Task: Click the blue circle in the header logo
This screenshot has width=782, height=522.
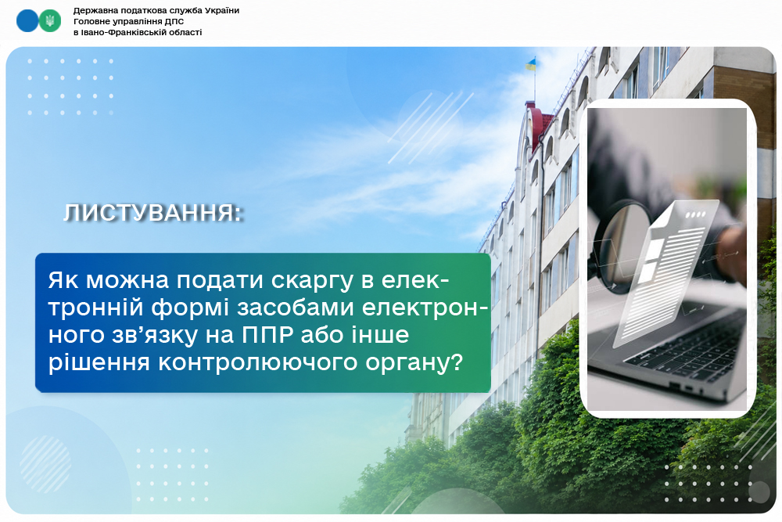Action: [27, 21]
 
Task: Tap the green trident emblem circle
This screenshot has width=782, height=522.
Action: [50, 21]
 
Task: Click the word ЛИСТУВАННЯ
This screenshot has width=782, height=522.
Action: [152, 213]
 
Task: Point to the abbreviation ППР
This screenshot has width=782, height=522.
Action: [267, 335]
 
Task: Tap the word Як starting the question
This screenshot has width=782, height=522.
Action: [63, 280]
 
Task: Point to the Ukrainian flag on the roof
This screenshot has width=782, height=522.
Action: [530, 64]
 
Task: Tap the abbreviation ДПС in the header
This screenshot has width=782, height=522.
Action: [174, 21]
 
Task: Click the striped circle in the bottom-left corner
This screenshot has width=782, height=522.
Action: [45, 464]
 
